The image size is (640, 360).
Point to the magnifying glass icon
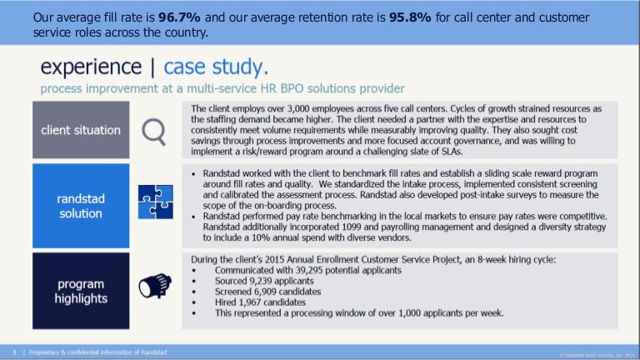click(x=155, y=130)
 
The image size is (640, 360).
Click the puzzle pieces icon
click(x=155, y=206)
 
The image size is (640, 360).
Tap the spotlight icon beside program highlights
click(x=156, y=285)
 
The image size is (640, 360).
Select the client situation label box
click(x=81, y=130)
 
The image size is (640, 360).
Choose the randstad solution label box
click(x=81, y=206)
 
